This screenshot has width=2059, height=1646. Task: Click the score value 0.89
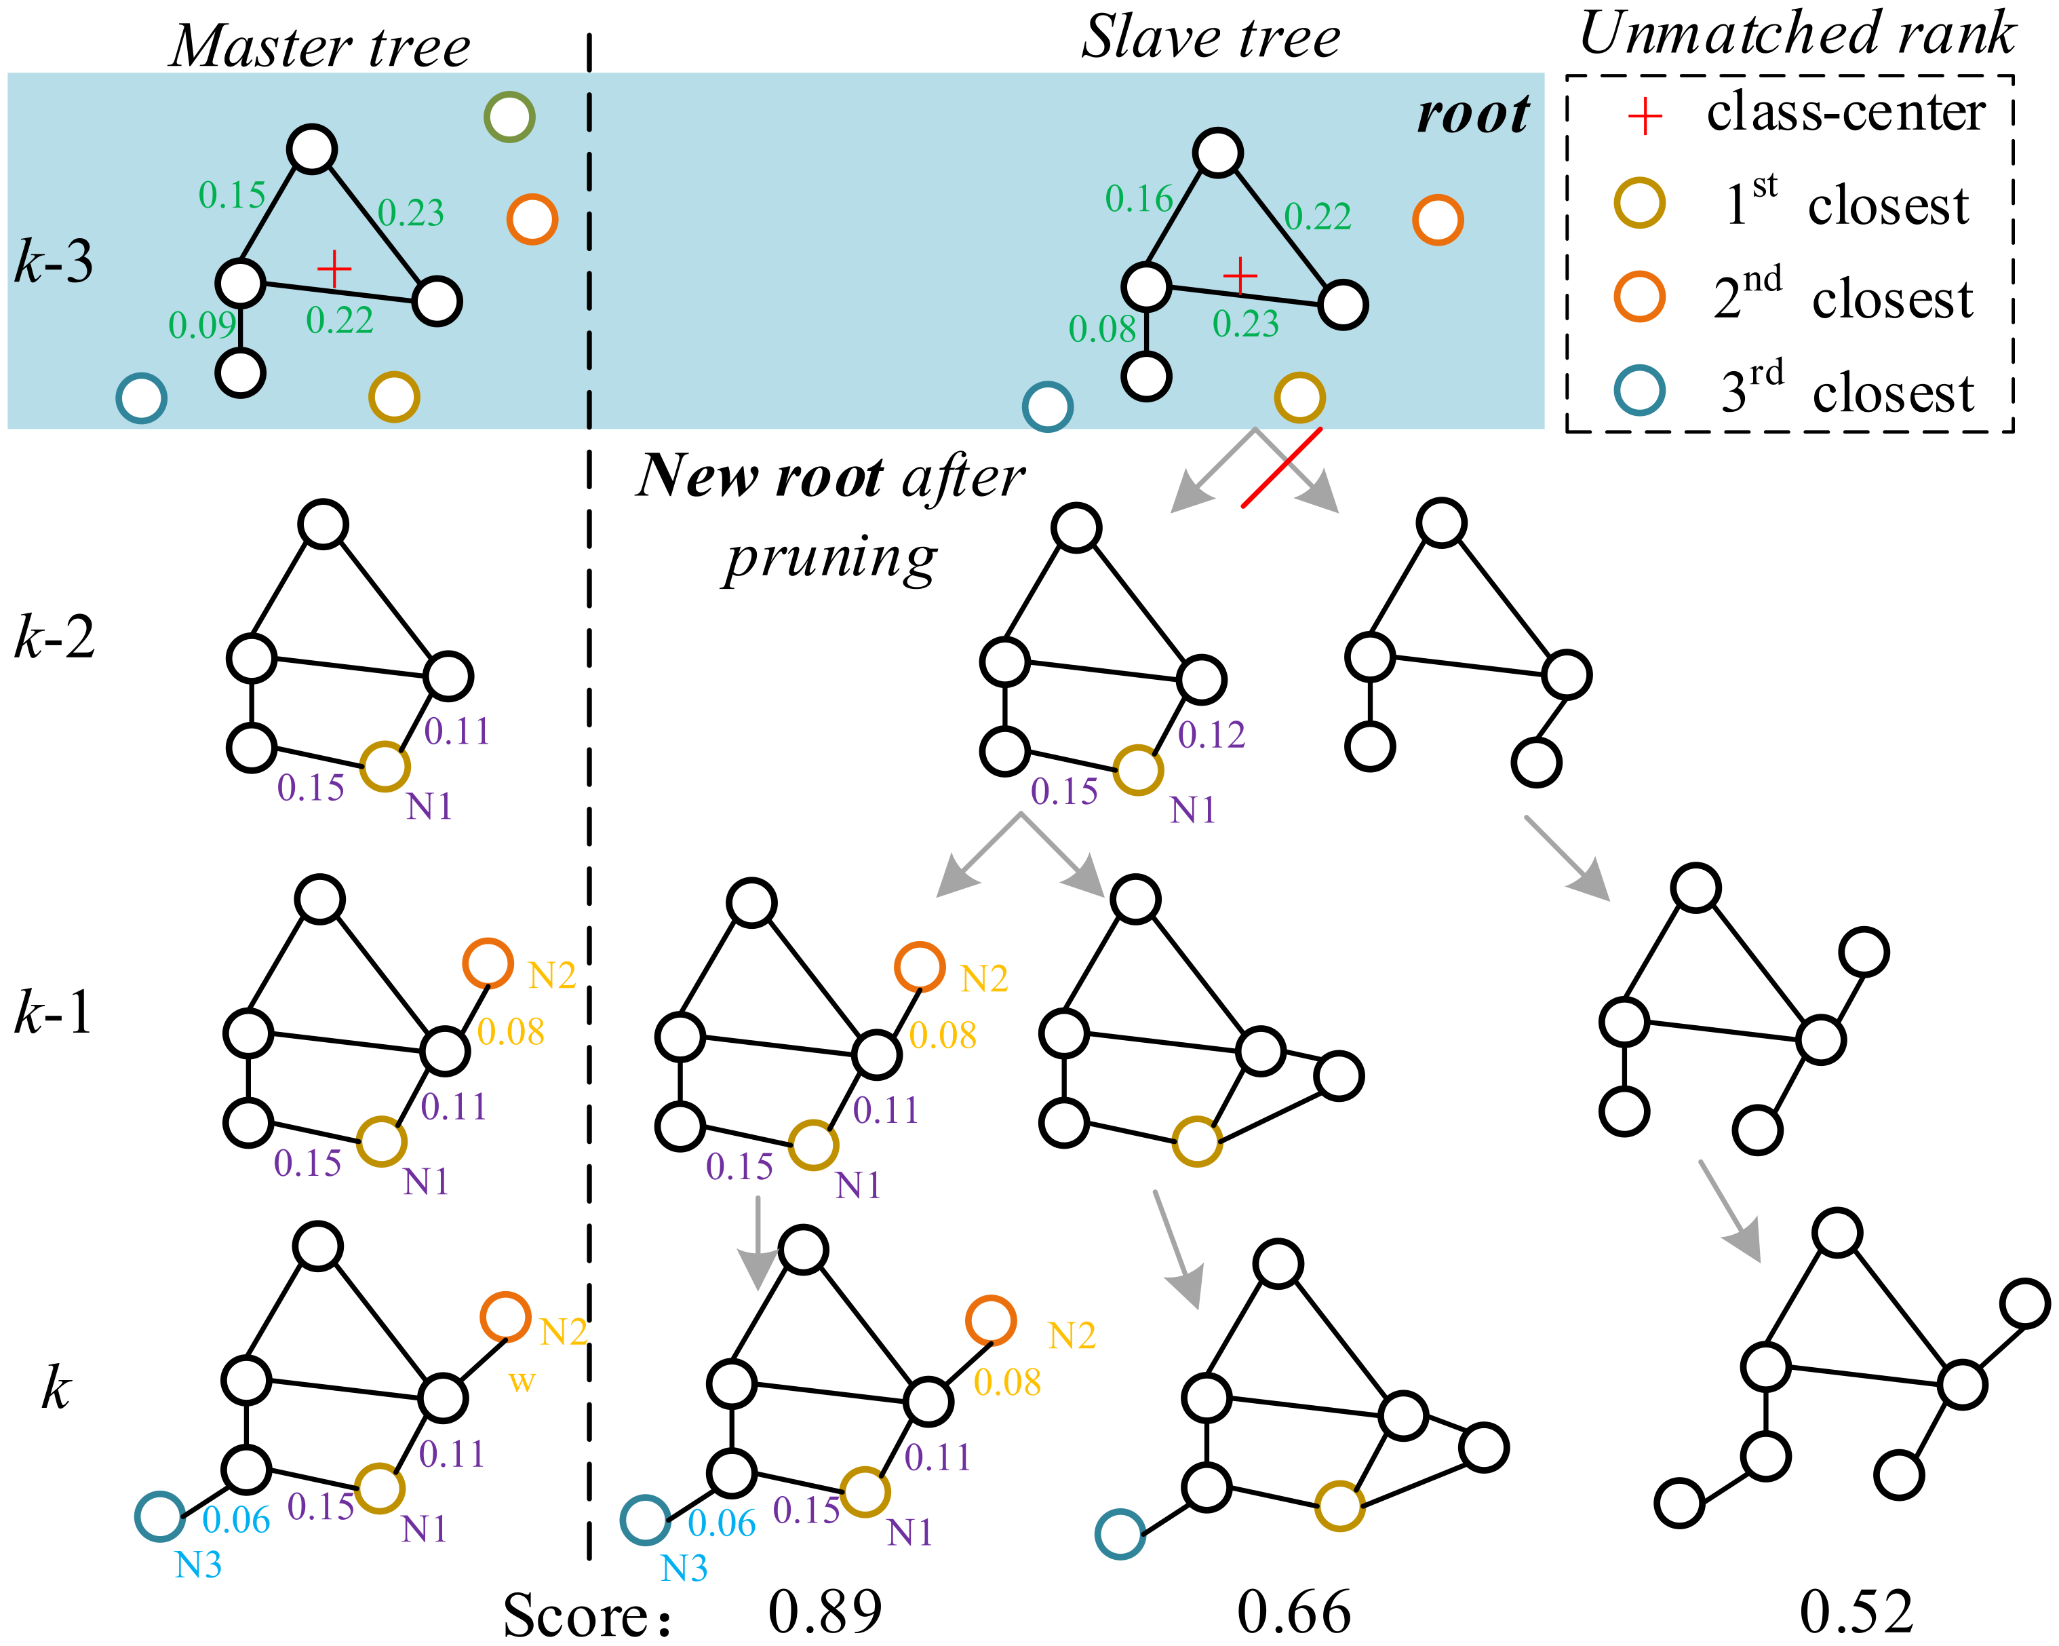tap(825, 1611)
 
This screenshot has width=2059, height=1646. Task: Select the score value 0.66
tap(1294, 1611)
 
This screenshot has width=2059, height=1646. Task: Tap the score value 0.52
tap(1856, 1611)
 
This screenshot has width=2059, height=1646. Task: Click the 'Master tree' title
tap(320, 46)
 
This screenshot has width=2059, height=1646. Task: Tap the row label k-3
tap(54, 261)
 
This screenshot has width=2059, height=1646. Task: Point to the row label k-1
tap(54, 1012)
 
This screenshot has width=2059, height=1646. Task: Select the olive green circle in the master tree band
tap(509, 117)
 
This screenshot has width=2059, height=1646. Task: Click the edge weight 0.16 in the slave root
tap(1139, 199)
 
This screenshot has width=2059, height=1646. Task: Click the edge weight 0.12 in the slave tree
tap(1211, 735)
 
